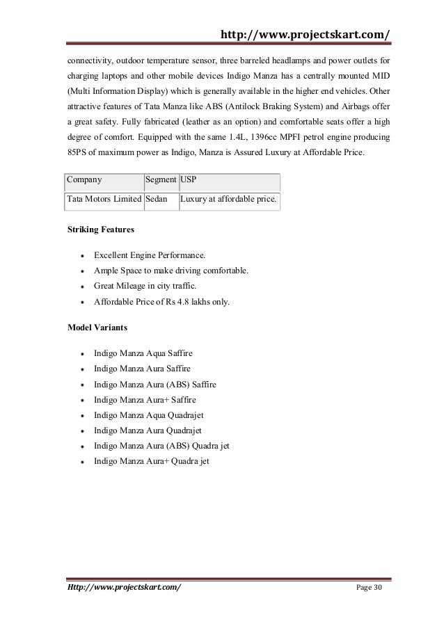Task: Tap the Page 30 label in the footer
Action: (x=369, y=588)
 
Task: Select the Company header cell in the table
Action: (x=84, y=179)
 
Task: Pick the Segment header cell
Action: (x=160, y=179)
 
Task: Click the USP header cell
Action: (x=188, y=179)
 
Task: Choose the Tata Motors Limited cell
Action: (x=103, y=200)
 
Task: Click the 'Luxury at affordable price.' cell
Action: (x=228, y=200)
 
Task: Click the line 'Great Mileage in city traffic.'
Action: (x=145, y=286)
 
